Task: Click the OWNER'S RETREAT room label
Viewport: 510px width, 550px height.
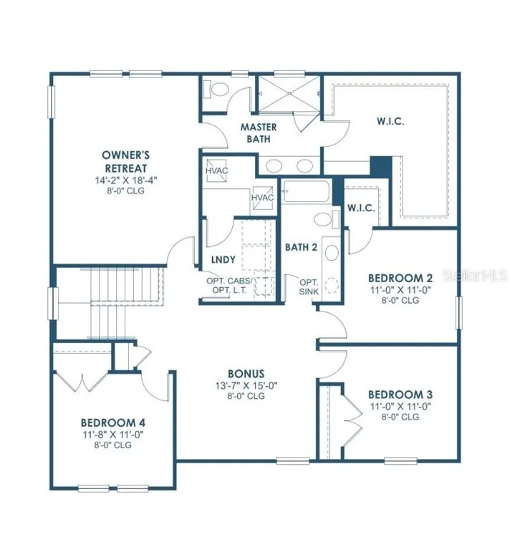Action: [125, 161]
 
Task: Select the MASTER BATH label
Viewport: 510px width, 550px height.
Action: [259, 133]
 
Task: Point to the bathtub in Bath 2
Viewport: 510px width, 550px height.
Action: [306, 191]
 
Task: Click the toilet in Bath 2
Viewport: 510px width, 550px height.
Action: [326, 219]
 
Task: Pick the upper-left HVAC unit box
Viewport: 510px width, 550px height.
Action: [216, 170]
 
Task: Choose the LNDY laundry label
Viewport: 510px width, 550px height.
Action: [223, 259]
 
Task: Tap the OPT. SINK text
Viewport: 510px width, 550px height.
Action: [309, 287]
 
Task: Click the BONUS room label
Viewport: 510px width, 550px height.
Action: [246, 374]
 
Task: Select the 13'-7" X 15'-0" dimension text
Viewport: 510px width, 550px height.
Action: [246, 386]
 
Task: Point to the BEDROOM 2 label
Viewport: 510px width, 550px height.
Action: [400, 278]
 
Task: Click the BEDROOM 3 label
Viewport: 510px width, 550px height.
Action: [400, 395]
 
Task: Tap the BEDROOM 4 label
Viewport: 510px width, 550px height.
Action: [113, 423]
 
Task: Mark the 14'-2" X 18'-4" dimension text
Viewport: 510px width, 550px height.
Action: [125, 180]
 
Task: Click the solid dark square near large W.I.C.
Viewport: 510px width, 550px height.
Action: [381, 167]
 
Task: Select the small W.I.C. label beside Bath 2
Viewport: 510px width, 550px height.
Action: [361, 208]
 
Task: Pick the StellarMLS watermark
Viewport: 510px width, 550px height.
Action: [476, 275]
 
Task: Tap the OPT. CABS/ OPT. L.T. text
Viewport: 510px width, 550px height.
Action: [229, 286]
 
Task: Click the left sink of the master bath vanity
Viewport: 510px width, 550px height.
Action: [274, 165]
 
